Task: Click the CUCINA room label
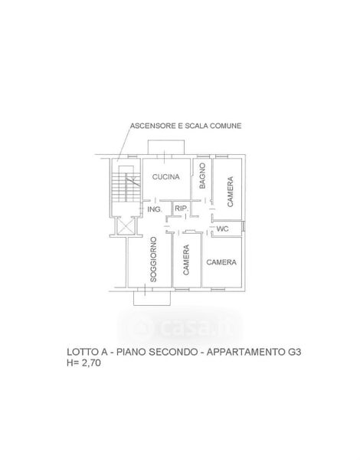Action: [x=165, y=177]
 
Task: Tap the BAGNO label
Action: [x=202, y=176]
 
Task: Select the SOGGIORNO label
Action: [x=153, y=260]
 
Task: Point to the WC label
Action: [x=222, y=228]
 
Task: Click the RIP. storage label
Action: [x=182, y=209]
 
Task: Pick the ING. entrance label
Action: [x=155, y=209]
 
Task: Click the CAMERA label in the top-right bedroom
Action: [x=231, y=192]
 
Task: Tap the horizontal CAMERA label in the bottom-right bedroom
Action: [x=221, y=262]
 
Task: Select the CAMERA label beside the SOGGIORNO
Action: [x=186, y=260]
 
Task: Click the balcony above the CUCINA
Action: [x=166, y=147]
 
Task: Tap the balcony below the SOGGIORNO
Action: [x=152, y=299]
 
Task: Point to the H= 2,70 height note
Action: [x=83, y=363]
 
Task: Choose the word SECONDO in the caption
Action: [x=173, y=352]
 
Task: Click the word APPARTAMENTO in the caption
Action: [x=245, y=352]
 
